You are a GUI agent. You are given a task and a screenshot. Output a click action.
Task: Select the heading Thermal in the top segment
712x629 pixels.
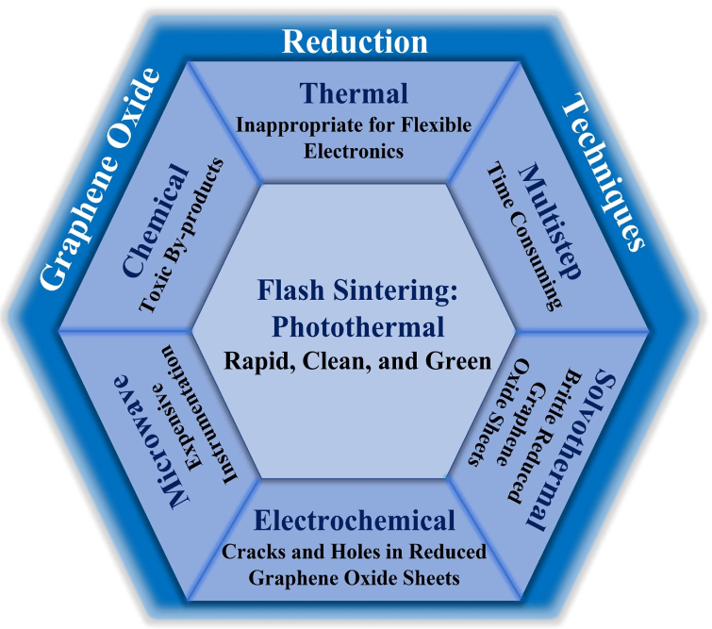[355, 93]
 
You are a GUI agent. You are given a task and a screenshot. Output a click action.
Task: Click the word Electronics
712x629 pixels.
[355, 149]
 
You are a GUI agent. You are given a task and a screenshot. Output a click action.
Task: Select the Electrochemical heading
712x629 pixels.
[355, 520]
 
